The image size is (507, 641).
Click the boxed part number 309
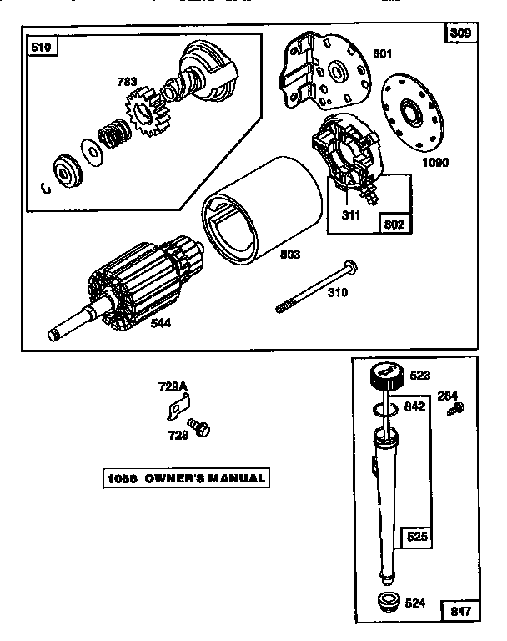click(x=460, y=33)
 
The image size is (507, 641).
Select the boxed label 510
click(x=41, y=48)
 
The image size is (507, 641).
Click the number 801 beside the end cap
click(x=382, y=56)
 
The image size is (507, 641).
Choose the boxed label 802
click(x=395, y=223)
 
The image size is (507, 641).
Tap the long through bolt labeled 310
click(x=317, y=286)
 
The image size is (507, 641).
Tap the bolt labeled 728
click(x=199, y=427)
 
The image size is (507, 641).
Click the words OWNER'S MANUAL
click(x=205, y=478)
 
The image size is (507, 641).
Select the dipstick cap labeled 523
click(x=387, y=375)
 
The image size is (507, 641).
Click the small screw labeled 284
click(x=456, y=408)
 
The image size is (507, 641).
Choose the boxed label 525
click(x=416, y=537)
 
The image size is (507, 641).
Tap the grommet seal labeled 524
click(x=386, y=599)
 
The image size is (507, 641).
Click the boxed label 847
click(x=461, y=611)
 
